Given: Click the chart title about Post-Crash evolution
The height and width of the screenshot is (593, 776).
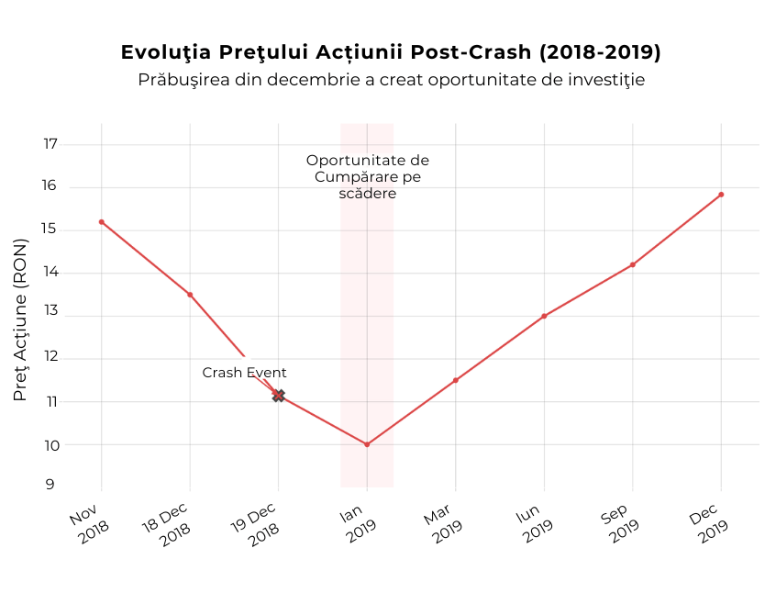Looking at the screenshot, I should pos(391,52).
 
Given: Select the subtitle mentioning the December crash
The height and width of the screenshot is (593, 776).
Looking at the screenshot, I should pos(391,80).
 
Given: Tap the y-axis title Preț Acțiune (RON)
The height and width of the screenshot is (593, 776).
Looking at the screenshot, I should pos(20,319).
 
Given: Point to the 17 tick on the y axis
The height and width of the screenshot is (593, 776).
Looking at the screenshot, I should pos(50,144).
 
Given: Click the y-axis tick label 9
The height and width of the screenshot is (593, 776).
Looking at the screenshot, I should pos(50,486).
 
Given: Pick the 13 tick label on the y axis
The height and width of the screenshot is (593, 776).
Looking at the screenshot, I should pos(50,311).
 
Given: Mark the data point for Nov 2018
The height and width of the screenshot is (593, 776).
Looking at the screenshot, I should pos(102,222).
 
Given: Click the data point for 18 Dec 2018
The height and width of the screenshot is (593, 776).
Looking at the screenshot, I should pos(190,295).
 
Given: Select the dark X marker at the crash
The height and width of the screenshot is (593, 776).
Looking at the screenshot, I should pos(279,396).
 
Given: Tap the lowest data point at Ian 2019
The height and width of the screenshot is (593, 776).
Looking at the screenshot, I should pos(367,444).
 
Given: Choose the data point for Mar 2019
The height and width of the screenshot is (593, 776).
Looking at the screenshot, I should pos(456,380).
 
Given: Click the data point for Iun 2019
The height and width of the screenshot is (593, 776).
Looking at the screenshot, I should pos(544,316).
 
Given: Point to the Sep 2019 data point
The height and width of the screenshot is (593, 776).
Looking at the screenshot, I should pos(633,264).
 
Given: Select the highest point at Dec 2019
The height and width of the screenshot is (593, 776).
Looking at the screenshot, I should pos(721,195).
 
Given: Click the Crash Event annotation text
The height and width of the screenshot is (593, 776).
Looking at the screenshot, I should pos(244,373).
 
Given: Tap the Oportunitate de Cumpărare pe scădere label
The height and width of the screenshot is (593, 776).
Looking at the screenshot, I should pos(367,177).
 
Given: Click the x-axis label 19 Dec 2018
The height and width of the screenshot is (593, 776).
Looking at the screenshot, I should pos(257,525).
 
